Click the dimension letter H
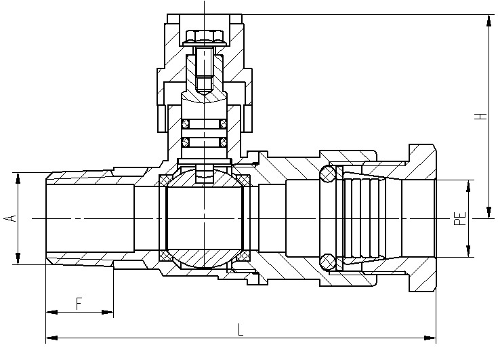click(x=482, y=116)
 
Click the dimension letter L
click(x=241, y=329)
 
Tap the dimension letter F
click(x=79, y=304)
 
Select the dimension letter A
click(x=10, y=218)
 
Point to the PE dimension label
click(x=459, y=218)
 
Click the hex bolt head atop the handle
click(x=204, y=37)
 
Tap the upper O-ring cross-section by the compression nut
click(x=327, y=174)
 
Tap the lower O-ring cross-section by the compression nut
click(x=327, y=262)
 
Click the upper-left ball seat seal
click(x=165, y=180)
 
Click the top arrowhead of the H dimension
click(x=489, y=21)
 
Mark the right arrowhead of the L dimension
click(x=430, y=338)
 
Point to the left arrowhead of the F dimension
click(x=52, y=312)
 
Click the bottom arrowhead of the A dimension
click(x=18, y=258)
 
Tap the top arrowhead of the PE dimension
click(x=468, y=186)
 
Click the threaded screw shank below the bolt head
click(x=204, y=68)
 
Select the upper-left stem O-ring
click(x=186, y=124)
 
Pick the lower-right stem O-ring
click(x=224, y=142)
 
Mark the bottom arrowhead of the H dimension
click(x=489, y=212)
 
